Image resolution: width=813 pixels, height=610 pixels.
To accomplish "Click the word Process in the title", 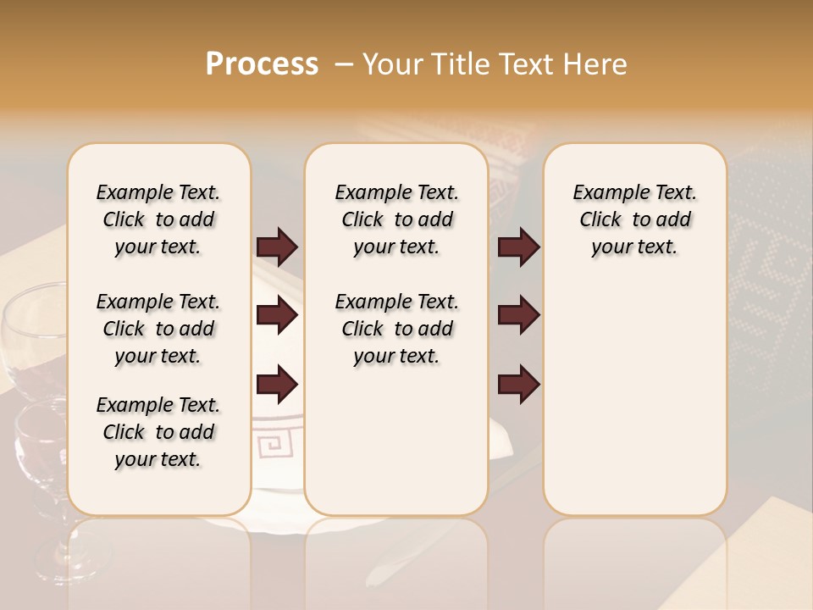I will (262, 64).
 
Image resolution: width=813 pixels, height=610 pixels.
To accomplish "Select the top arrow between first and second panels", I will (277, 247).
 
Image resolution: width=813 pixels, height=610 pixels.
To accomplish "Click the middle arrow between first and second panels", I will (277, 316).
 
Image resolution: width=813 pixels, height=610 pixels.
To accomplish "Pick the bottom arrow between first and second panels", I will (277, 385).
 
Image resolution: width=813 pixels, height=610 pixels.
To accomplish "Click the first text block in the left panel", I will (158, 219).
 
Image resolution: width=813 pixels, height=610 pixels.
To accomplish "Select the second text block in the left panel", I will (158, 329).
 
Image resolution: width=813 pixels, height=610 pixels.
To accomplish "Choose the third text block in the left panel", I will (158, 432).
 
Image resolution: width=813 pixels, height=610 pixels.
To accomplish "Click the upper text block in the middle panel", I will (396, 219).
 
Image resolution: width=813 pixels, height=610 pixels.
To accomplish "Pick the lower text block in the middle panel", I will (396, 329).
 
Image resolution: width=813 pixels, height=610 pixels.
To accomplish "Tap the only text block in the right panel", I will (634, 219).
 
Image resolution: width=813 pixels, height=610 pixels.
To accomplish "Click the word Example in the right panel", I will (605, 193).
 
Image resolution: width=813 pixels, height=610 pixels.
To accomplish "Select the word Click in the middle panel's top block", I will (362, 220).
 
